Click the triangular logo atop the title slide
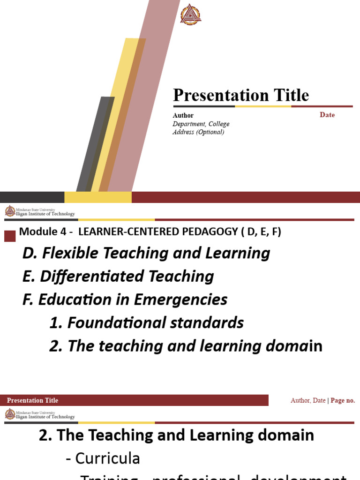point(191,14)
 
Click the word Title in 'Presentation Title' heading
point(288,95)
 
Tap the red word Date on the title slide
point(327,115)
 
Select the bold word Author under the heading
point(183,115)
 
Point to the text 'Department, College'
point(201,124)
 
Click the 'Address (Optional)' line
point(198,132)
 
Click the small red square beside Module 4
point(10,236)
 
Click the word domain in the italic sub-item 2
point(293,346)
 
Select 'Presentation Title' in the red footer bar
point(33,400)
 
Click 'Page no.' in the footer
point(343,400)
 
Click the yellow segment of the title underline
point(262,106)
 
